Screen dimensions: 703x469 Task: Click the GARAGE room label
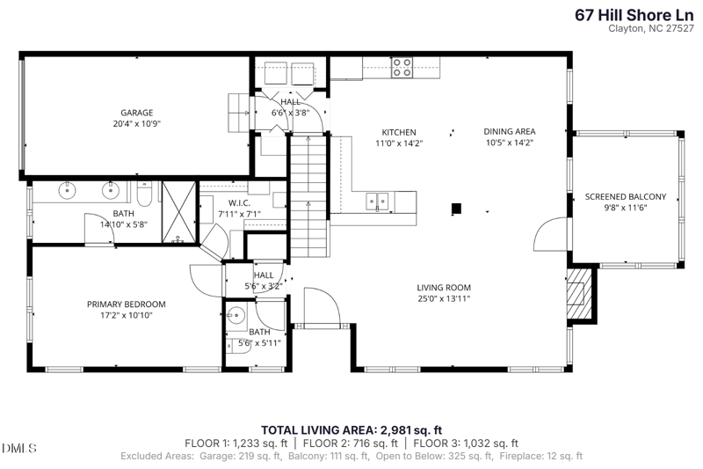point(137,113)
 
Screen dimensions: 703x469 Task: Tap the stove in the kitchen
point(402,68)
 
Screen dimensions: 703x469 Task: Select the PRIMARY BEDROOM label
point(126,304)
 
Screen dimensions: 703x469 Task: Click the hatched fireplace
point(578,293)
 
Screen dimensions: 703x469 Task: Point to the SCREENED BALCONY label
point(626,196)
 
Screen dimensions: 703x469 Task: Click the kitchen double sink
point(377,202)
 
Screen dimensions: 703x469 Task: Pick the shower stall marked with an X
point(179,212)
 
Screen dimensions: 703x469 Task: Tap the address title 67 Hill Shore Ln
point(634,15)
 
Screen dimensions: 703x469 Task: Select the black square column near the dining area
point(456,209)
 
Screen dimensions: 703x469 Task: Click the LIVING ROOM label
point(444,288)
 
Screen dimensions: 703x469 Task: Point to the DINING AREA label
point(510,131)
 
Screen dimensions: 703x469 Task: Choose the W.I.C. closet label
point(239,203)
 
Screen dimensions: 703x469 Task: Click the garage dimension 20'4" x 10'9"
point(137,123)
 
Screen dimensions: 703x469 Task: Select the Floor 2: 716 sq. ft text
point(350,443)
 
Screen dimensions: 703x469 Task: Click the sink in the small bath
point(235,315)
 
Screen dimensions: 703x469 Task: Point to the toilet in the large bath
point(144,193)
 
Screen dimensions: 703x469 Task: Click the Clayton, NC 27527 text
point(651,28)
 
